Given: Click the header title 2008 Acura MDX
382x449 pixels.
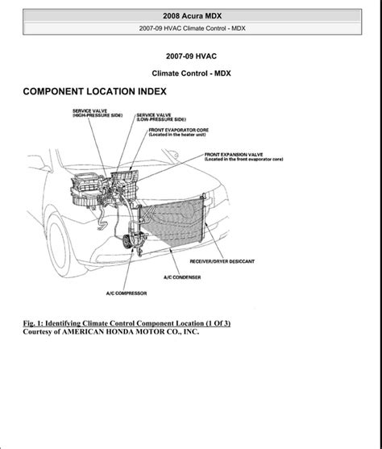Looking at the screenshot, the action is point(192,16).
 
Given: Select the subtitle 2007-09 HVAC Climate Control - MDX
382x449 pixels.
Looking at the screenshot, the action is point(192,28).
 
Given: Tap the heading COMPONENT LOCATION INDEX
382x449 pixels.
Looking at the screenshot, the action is point(94,92).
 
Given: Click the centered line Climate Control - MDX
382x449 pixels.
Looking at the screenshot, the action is point(191,73).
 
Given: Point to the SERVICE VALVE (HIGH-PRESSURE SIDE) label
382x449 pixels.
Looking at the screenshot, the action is point(98,113).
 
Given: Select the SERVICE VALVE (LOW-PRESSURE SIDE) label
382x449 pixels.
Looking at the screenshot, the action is point(161,117).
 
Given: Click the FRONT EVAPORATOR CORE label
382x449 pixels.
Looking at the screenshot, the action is point(179,132).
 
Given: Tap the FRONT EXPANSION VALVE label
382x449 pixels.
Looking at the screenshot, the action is point(243,157).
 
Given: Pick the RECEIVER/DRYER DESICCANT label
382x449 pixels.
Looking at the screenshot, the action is point(222,261).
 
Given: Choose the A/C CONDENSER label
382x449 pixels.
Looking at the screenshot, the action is point(182,277).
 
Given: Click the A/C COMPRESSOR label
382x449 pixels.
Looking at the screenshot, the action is point(127,293).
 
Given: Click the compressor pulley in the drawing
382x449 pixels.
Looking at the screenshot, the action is point(126,241).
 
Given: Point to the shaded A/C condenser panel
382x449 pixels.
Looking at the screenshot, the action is point(172,222).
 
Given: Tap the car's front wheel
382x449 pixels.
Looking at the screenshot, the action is point(60,246).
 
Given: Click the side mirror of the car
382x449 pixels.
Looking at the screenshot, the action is point(38,164).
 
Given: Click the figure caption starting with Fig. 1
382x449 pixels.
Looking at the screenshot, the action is point(127,323).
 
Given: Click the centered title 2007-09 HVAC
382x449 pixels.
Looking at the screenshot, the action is point(191,56).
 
